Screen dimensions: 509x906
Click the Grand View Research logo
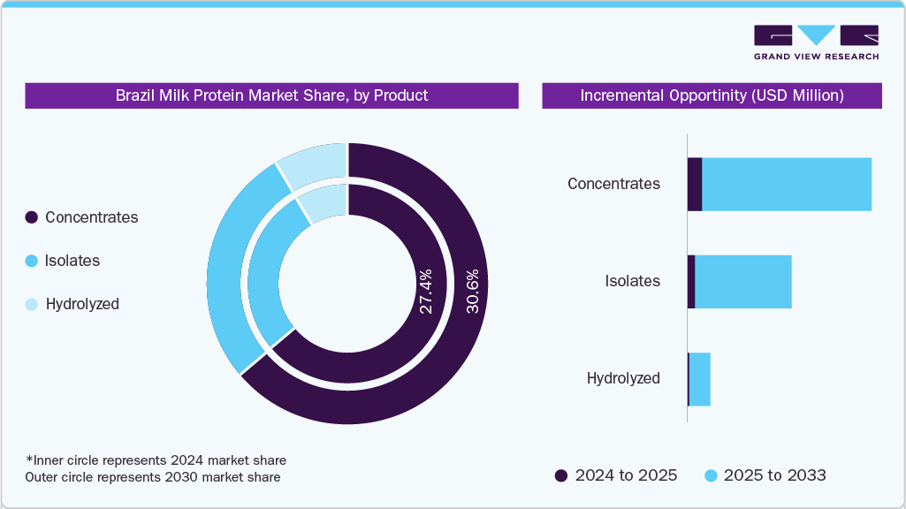(x=816, y=42)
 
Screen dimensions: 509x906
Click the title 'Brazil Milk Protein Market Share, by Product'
(x=271, y=95)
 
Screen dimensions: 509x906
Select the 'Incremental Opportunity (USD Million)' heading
(x=712, y=95)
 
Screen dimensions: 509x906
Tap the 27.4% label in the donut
(x=425, y=292)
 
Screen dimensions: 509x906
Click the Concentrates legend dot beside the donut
(x=32, y=217)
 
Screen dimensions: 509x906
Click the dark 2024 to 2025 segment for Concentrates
(x=694, y=185)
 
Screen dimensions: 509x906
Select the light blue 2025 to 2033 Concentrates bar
(x=786, y=185)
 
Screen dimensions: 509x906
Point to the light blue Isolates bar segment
(x=742, y=282)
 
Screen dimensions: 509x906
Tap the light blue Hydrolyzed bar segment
(x=699, y=379)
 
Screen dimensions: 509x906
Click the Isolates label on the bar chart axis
(x=632, y=281)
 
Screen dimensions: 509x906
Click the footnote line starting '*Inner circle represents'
(x=156, y=460)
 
